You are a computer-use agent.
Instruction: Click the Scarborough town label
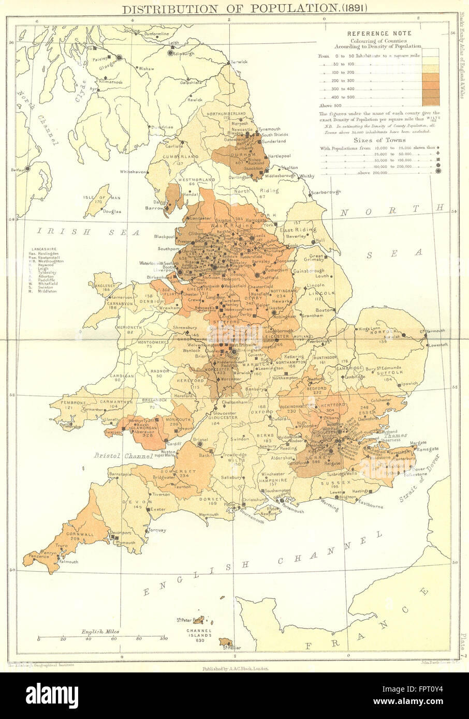click(326, 192)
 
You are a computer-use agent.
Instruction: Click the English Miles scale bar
click(102, 637)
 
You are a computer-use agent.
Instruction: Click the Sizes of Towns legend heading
click(379, 140)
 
